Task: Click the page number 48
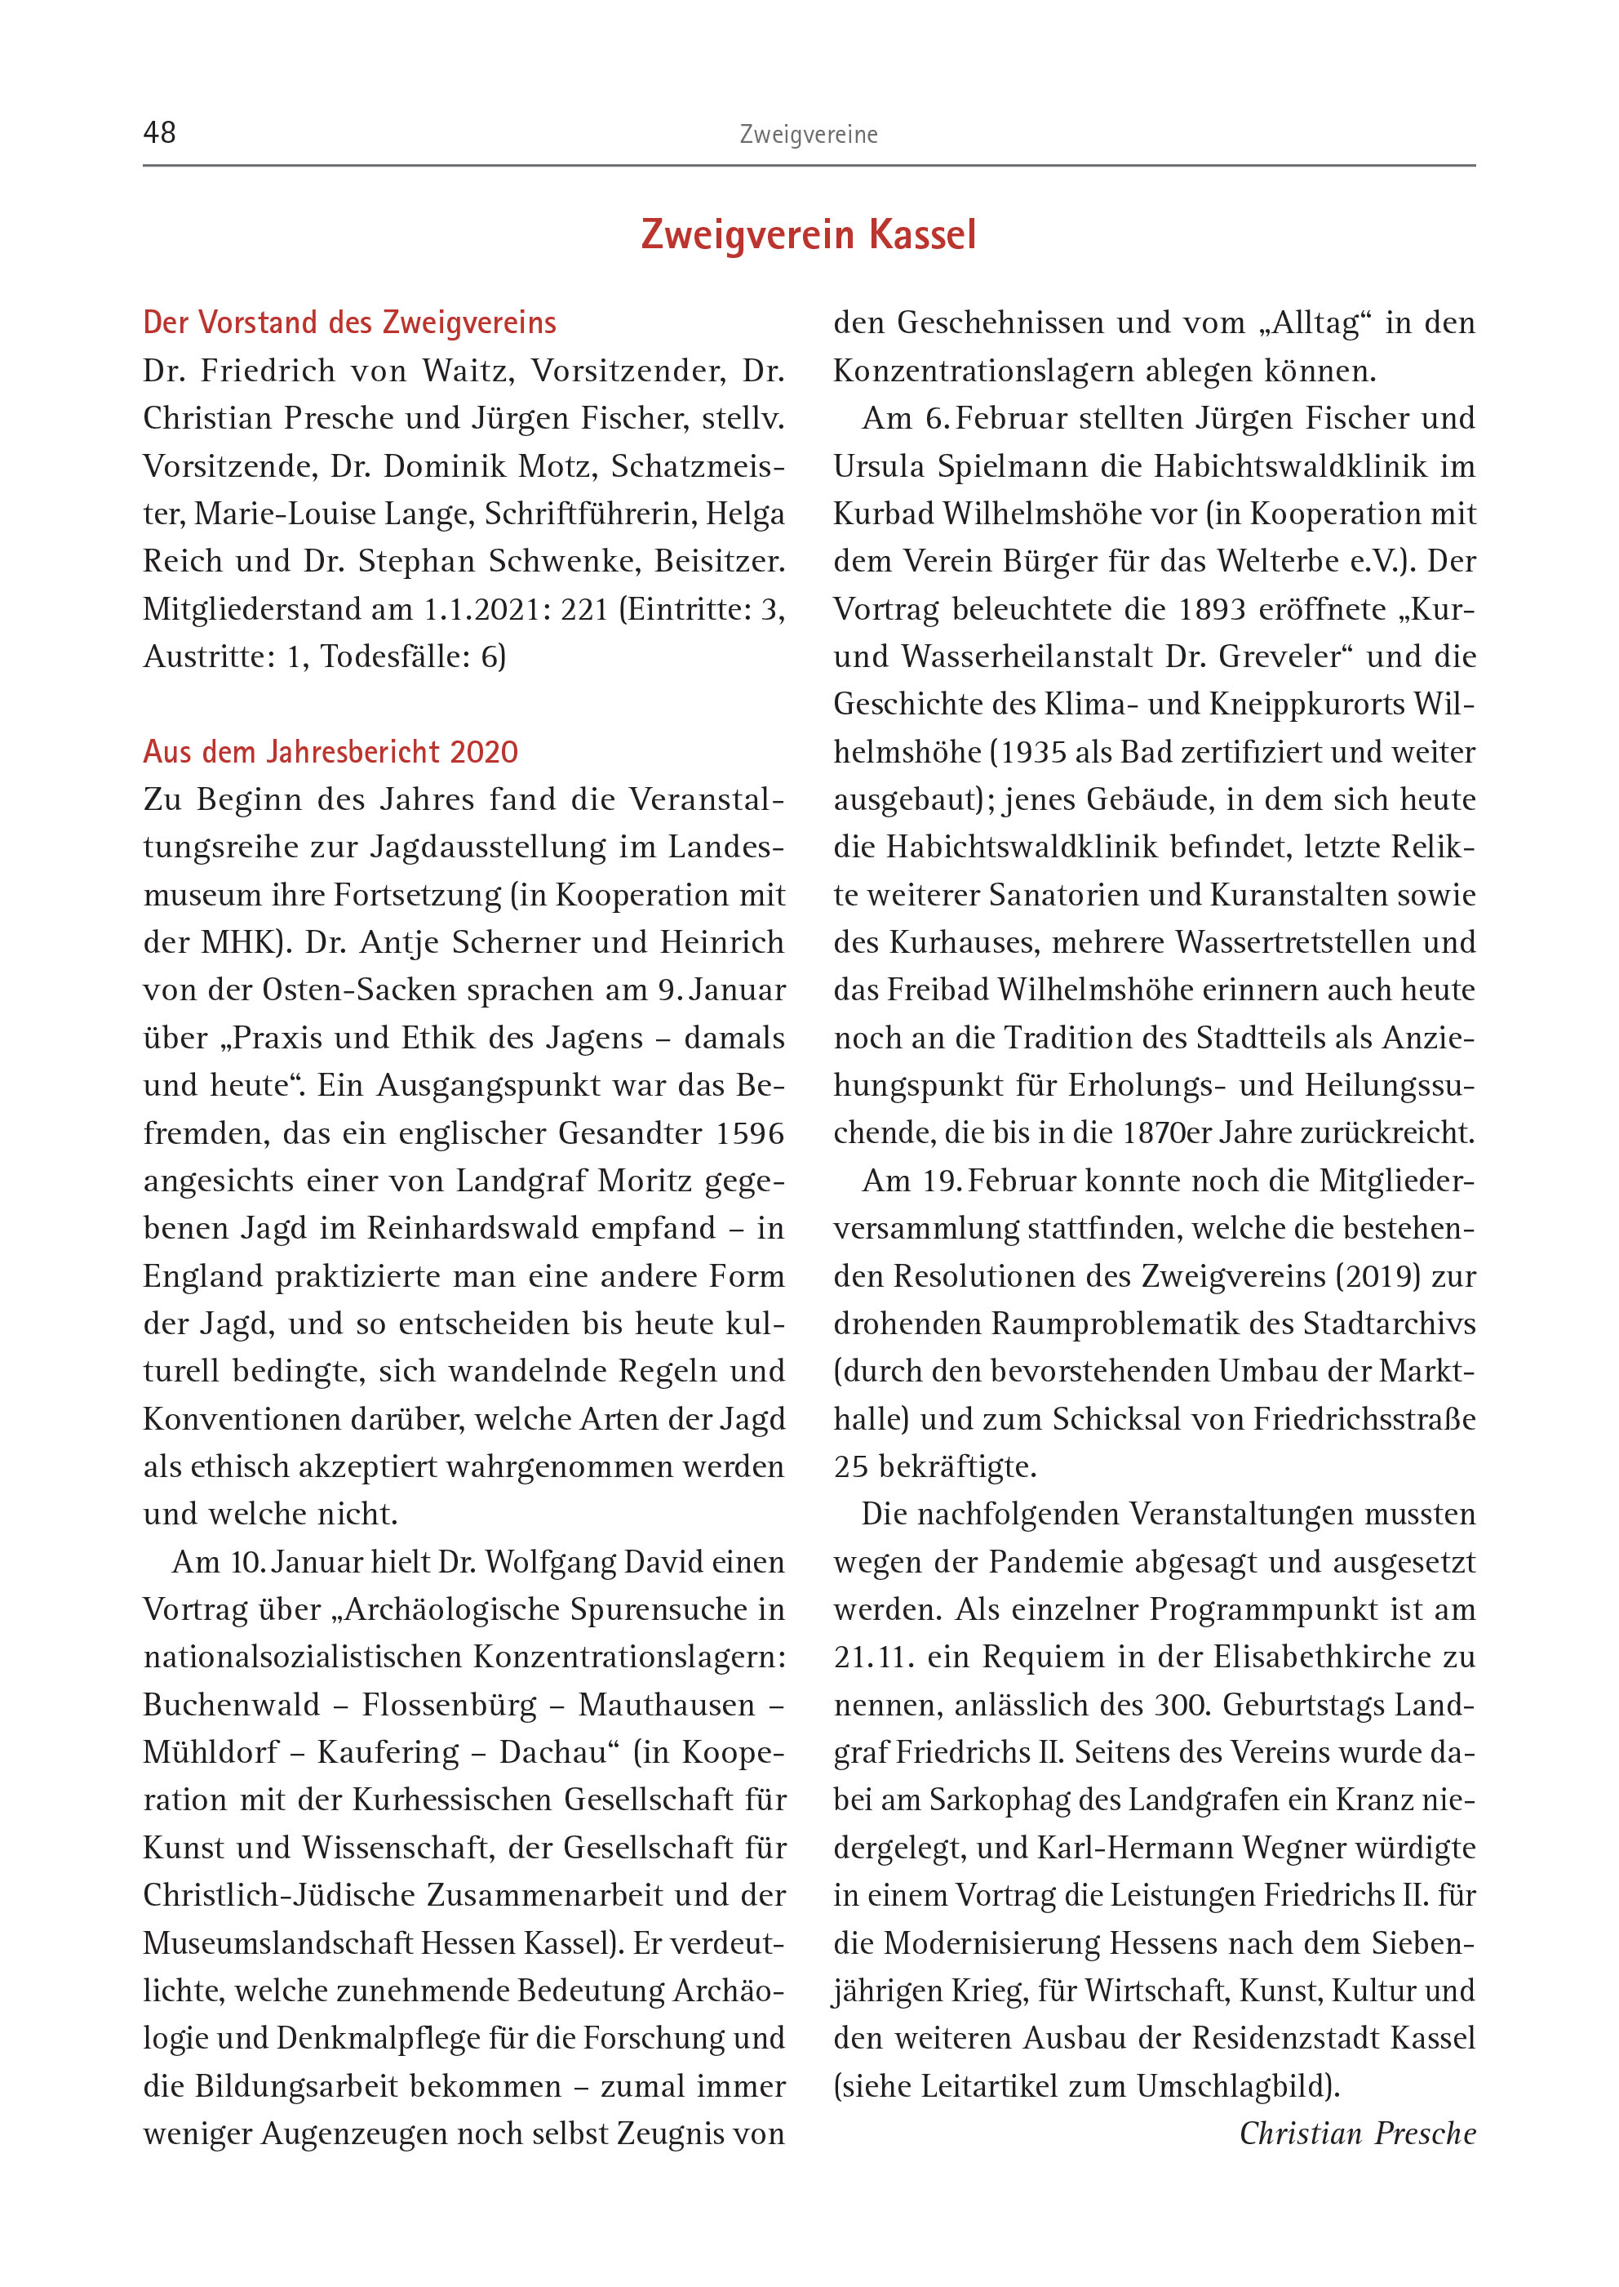(159, 132)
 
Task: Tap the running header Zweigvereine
(809, 135)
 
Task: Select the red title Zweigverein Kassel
(809, 235)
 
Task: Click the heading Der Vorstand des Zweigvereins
(350, 323)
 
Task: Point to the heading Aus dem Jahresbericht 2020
(331, 752)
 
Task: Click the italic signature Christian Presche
(1357, 2133)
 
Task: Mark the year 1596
(751, 1134)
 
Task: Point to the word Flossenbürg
(450, 1706)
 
